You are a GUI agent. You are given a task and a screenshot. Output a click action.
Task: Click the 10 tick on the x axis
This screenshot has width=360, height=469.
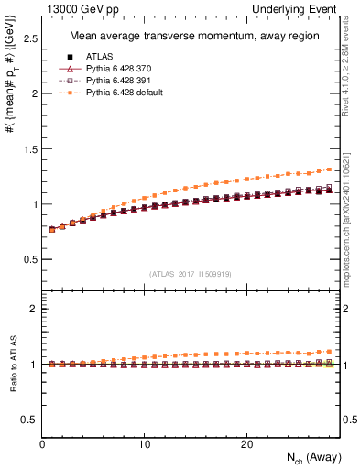coord(144,444)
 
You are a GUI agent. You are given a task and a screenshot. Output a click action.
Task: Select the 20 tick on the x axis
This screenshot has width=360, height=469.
coord(245,444)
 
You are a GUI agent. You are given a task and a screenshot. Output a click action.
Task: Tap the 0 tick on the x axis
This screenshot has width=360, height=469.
coord(42,444)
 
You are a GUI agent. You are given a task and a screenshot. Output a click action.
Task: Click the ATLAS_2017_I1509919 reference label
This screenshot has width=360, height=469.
coord(191,273)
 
